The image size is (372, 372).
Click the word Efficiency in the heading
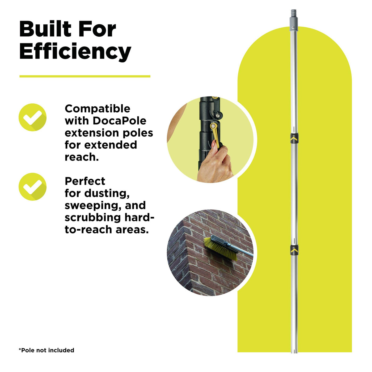(x=75, y=52)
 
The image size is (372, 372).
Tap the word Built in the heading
(x=45, y=29)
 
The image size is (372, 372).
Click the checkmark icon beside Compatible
(x=32, y=117)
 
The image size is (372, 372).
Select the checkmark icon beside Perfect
(x=32, y=187)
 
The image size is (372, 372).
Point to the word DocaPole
(x=120, y=121)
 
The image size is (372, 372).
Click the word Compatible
(x=98, y=109)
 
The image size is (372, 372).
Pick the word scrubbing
(x=92, y=218)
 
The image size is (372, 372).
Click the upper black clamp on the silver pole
(x=294, y=138)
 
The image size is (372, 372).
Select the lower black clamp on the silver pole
(x=294, y=250)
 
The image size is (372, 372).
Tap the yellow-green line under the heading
(x=85, y=77)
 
